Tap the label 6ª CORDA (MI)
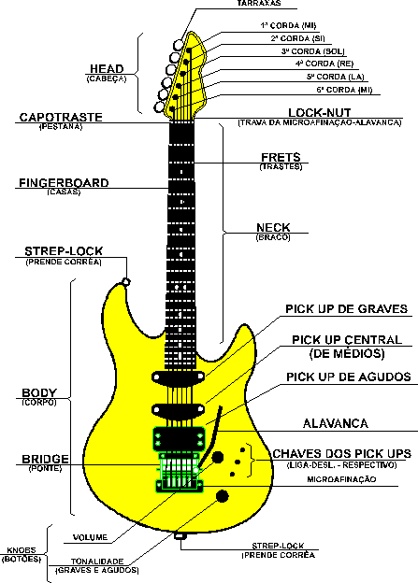[346, 90]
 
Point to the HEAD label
[108, 69]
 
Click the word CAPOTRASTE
[73, 118]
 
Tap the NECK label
[273, 228]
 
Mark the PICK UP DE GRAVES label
[345, 308]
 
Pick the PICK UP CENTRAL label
[346, 339]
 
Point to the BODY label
[38, 392]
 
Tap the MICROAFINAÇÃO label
[341, 478]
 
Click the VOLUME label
[91, 537]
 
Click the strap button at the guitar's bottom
[178, 534]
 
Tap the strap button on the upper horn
[126, 279]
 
